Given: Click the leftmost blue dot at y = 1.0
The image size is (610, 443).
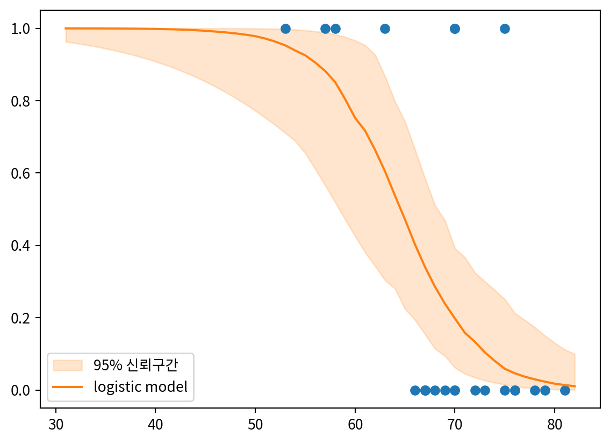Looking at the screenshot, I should pyautogui.click(x=285, y=29).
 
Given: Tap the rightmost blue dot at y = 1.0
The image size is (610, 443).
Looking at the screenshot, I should pyautogui.click(x=505, y=29).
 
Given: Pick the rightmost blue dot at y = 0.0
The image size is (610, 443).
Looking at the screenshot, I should pyautogui.click(x=565, y=390).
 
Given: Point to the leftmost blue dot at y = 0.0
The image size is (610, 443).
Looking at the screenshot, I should pyautogui.click(x=415, y=390).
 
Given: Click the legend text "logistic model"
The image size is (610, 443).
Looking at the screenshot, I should pyautogui.click(x=141, y=386).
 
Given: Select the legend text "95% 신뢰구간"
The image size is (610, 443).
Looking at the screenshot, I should pyautogui.click(x=135, y=365).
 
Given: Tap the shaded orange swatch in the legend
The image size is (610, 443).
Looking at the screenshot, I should pyautogui.click(x=68, y=365).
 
